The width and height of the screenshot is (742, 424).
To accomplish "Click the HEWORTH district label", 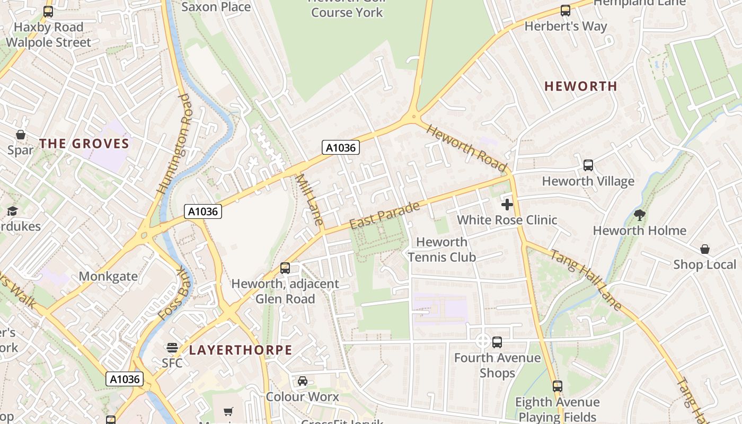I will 581,86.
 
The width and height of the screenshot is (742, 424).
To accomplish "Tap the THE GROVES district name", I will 84,144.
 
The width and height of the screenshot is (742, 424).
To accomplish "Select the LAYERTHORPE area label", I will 241,350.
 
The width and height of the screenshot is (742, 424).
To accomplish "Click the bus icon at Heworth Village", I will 588,165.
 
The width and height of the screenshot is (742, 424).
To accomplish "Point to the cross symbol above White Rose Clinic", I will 507,204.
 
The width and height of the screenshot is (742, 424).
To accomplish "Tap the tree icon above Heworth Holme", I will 640,215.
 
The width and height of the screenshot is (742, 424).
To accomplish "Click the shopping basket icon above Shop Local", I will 705,249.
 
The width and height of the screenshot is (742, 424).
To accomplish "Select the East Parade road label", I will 385,215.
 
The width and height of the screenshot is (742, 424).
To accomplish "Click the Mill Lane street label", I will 310,200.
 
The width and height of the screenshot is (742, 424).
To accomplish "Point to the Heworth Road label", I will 467,148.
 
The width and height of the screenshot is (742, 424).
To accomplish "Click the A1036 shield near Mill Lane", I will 341,147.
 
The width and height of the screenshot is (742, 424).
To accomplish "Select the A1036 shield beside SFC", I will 125,379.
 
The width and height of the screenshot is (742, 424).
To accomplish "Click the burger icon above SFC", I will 172,348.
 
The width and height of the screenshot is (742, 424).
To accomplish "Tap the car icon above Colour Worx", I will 303,381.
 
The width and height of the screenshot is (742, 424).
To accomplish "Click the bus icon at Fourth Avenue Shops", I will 497,342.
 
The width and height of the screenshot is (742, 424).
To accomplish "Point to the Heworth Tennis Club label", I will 441,250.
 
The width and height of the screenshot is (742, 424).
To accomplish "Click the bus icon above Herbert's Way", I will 566,11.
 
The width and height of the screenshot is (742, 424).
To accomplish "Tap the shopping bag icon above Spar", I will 21,135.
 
